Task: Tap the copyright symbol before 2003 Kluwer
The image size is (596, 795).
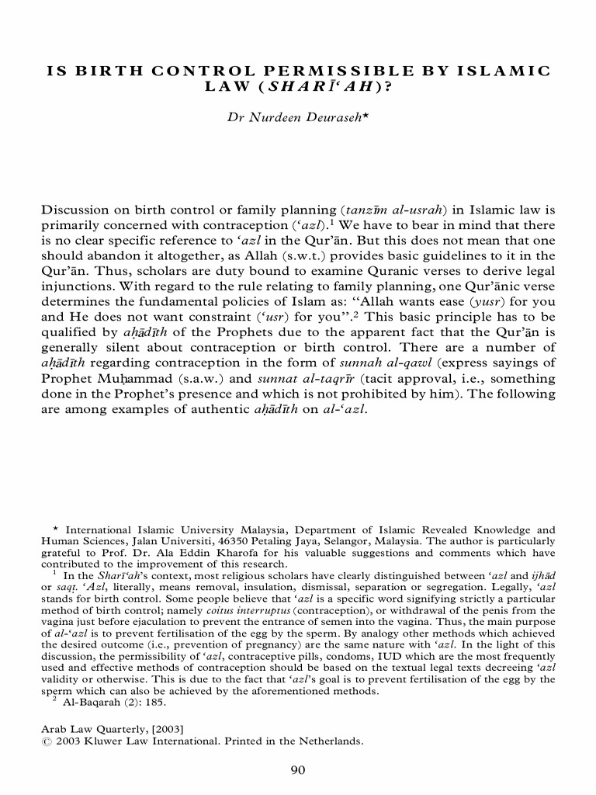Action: [x=43, y=741]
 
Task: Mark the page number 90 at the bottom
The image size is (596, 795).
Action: [x=298, y=769]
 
